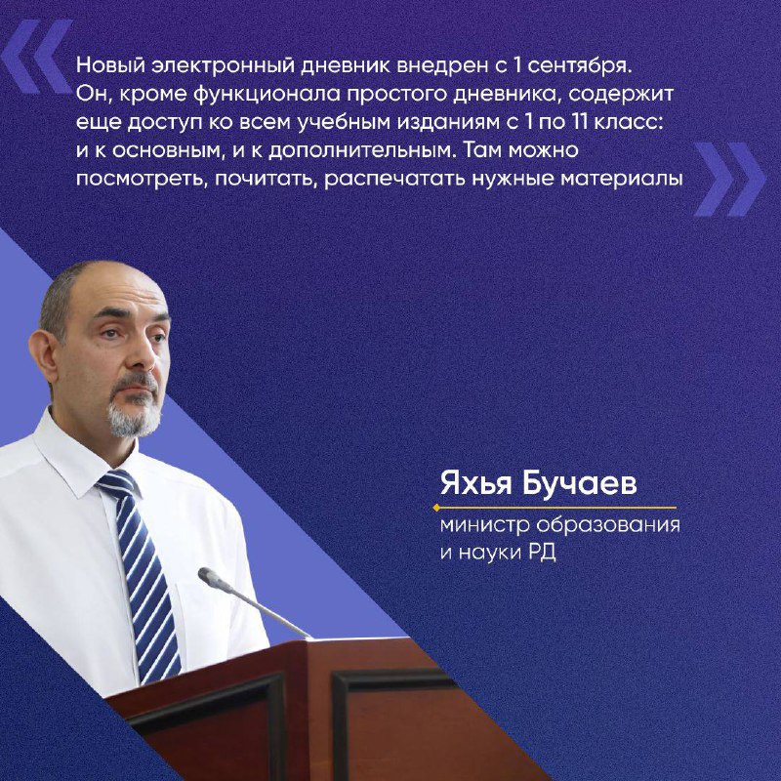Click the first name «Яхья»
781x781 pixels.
475,483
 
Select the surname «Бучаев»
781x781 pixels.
579,483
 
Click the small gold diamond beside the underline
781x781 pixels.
436,508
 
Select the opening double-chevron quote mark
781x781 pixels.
36,57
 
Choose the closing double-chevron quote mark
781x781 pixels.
729,180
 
